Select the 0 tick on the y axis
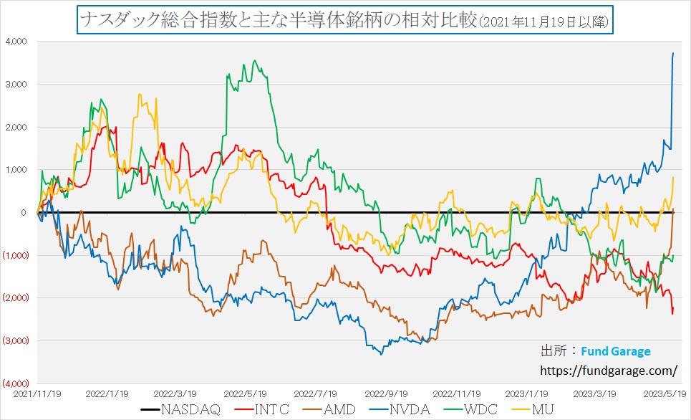[23, 212]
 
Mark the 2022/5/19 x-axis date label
[245, 393]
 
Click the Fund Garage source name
[616, 351]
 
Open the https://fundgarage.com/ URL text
[608, 371]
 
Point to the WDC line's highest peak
[255, 61]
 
